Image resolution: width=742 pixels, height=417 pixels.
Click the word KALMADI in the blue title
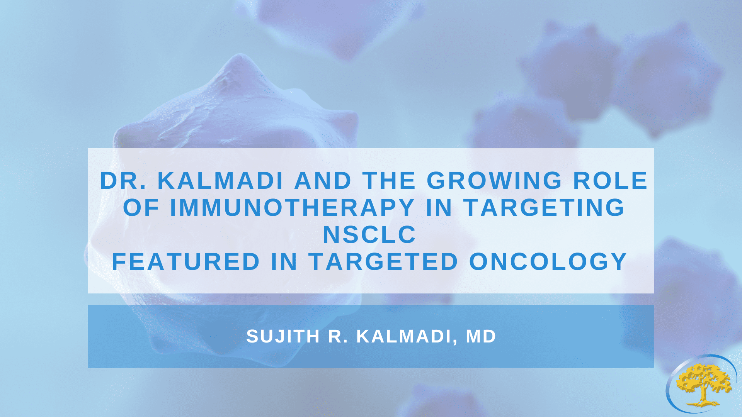point(221,180)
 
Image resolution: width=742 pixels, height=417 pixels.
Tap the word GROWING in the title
point(494,180)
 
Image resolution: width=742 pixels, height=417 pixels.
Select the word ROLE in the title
point(610,180)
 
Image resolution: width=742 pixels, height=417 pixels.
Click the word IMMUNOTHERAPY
point(292,207)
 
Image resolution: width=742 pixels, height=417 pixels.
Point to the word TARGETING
point(544,207)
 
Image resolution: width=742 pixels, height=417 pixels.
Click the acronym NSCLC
point(369,234)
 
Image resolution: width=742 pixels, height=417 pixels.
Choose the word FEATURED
point(185,261)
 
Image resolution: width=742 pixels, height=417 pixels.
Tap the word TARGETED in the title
point(383,261)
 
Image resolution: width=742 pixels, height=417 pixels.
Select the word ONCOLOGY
point(548,261)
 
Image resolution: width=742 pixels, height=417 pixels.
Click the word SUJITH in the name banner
point(283,336)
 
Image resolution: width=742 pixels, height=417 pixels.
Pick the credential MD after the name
point(481,336)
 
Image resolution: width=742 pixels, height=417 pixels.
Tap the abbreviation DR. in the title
point(123,180)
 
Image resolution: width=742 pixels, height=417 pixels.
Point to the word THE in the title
point(389,180)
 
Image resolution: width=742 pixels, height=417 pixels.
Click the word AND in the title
point(323,180)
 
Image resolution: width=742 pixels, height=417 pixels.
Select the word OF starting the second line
point(141,207)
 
